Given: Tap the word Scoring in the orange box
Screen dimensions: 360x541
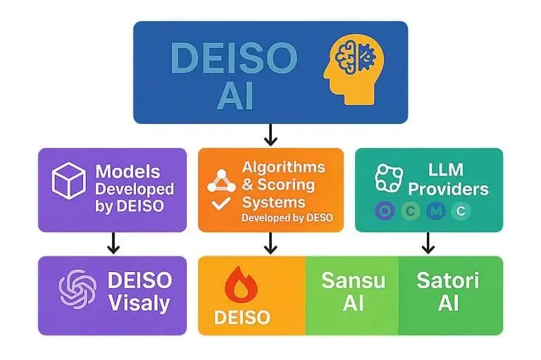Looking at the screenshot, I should (284, 185).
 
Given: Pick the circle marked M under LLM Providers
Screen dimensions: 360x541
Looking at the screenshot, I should (437, 211).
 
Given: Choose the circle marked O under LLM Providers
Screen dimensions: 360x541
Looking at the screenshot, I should (385, 211).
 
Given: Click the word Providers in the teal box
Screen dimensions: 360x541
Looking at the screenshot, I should (448, 189).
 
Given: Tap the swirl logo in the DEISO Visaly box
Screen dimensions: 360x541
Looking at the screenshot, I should (77, 289).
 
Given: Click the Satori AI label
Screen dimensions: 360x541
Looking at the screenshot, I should (448, 291).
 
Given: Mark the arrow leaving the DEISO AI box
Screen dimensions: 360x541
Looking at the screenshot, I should (271, 135).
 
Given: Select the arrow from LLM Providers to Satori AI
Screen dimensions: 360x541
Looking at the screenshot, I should (428, 243).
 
